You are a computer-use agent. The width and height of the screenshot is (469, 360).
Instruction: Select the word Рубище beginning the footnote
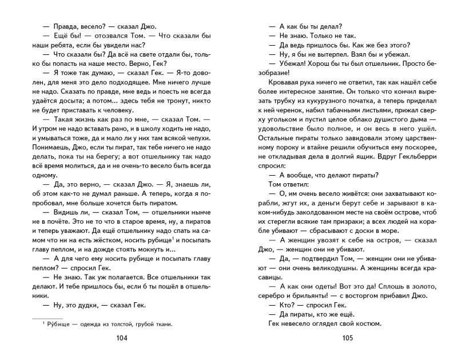[x=54, y=324]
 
